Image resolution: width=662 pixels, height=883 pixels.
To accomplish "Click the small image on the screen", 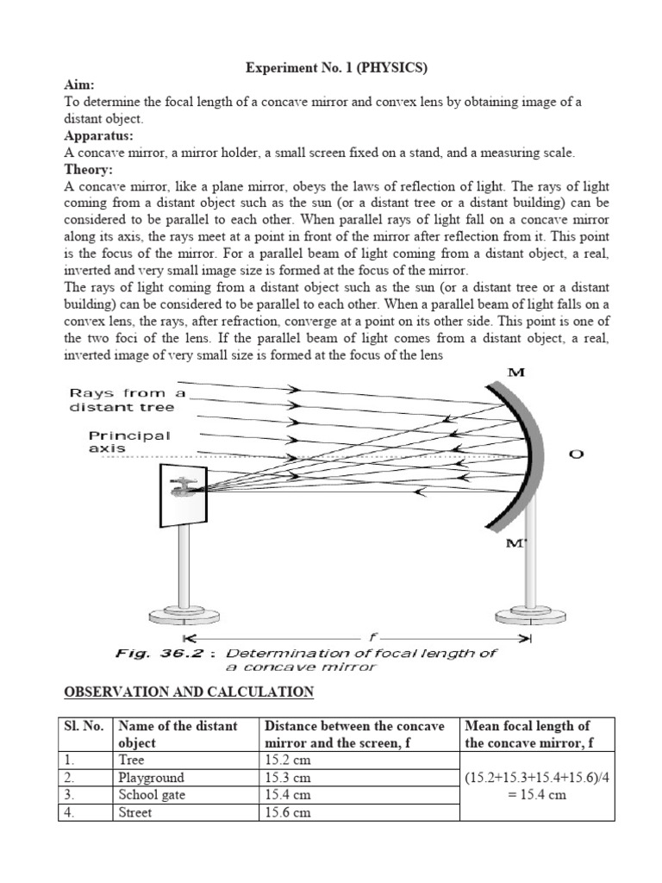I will pyautogui.click(x=183, y=487).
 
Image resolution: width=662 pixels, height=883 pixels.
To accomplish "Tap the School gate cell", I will pyautogui.click(x=152, y=795).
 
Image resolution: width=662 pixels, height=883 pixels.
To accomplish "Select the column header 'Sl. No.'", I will pyautogui.click(x=84, y=726).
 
